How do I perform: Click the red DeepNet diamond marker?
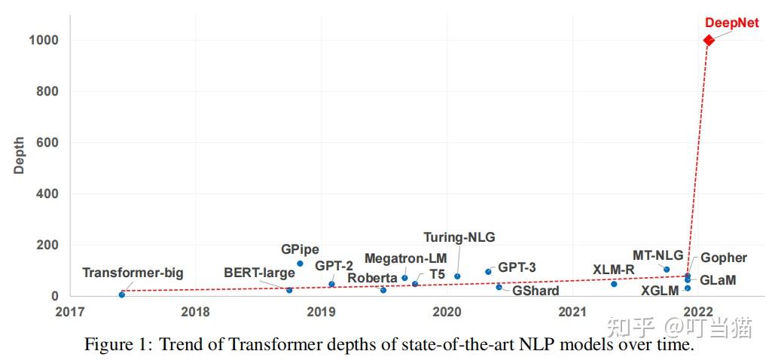(709, 40)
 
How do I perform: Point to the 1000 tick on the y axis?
(44, 40)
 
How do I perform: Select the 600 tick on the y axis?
(47, 142)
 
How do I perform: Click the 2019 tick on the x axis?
(322, 310)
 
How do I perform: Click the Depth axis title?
(20, 155)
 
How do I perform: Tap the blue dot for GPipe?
(300, 264)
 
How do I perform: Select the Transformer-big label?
(133, 273)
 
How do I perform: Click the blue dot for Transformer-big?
(122, 294)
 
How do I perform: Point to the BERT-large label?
(259, 273)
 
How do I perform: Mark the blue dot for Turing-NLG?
(457, 276)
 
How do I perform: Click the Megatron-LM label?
(405, 258)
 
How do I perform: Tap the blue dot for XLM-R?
(614, 284)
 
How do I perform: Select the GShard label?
(536, 291)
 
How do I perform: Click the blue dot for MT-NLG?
(667, 270)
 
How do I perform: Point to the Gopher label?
(724, 258)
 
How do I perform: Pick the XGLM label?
(660, 291)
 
